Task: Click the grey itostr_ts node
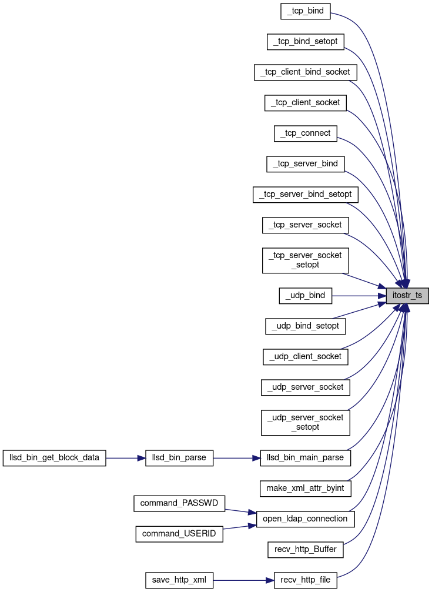tap(407, 296)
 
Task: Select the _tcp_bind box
tap(306, 11)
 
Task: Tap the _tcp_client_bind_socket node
tap(306, 72)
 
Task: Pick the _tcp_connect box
tap(306, 133)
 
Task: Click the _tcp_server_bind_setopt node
tap(306, 194)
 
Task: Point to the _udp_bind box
tap(306, 295)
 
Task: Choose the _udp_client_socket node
tap(306, 356)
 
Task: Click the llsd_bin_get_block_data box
tap(54, 457)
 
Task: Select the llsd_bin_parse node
tap(179, 457)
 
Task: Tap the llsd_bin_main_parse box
tap(306, 457)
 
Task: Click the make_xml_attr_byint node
tap(306, 488)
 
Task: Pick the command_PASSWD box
tap(179, 503)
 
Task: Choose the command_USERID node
tap(179, 534)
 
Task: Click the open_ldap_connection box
tap(306, 519)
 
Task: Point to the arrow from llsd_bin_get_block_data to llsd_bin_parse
tap(125, 457)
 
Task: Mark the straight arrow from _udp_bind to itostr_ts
tap(359, 295)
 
